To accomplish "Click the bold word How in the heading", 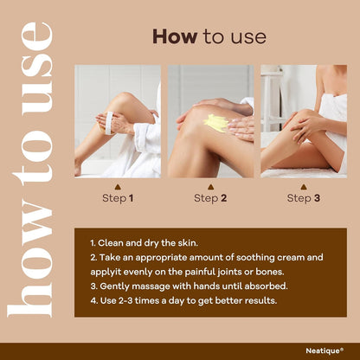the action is [175, 36].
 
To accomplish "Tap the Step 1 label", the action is [118, 198].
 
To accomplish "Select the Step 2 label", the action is [210, 198].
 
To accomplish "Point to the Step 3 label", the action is [304, 198].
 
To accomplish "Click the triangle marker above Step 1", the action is [118, 187].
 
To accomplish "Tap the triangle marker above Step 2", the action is [210, 187].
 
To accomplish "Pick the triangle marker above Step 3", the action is [303, 187].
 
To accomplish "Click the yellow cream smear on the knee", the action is [215, 123].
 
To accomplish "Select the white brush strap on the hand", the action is [109, 123].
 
